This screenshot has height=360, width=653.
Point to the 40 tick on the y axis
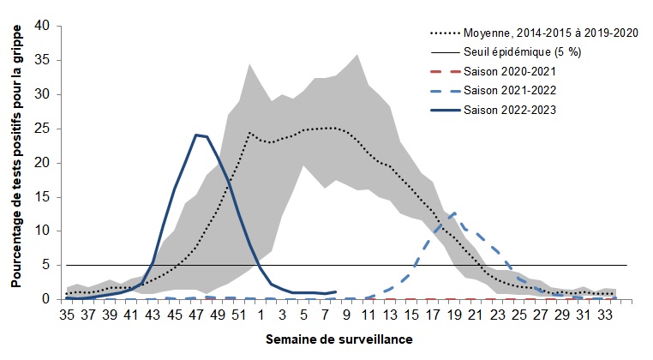pyautogui.click(x=42, y=26)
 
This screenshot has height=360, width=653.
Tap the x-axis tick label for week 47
pyautogui.click(x=195, y=315)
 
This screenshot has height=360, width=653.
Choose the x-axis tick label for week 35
pyautogui.click(x=66, y=315)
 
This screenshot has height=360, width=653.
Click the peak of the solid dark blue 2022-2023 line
pyautogui.click(x=196, y=135)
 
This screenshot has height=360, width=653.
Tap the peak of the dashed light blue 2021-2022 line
pyautogui.click(x=454, y=213)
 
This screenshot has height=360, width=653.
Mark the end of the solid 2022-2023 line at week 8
pyautogui.click(x=335, y=291)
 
